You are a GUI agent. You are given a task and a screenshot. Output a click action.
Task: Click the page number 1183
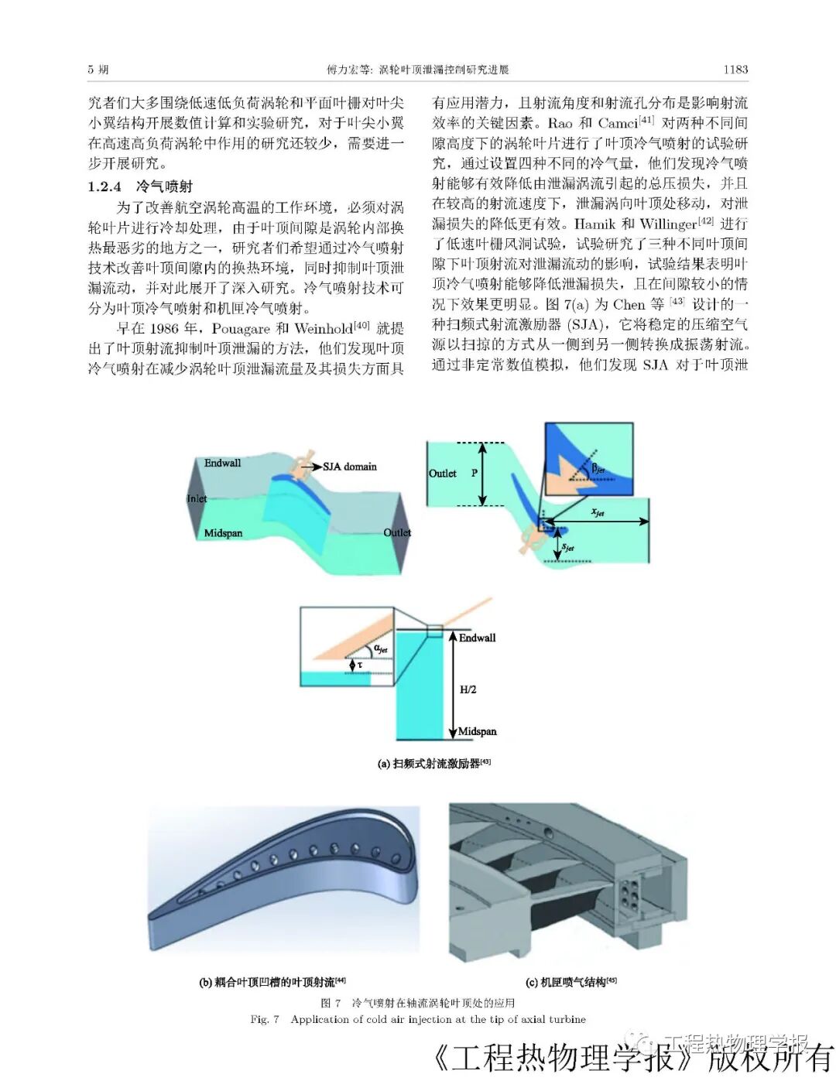[735, 70]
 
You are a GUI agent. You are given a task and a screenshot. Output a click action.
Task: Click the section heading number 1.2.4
[104, 186]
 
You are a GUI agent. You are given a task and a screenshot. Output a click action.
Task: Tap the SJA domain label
[349, 467]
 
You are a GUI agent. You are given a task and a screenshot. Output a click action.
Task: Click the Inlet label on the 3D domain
[197, 498]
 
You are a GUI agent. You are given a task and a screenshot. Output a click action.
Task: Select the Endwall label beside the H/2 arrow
[477, 638]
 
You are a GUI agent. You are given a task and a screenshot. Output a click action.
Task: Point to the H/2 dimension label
[468, 689]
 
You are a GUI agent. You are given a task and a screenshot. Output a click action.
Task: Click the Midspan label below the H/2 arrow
[477, 731]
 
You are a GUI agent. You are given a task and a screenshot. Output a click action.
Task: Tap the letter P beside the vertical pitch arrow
[474, 473]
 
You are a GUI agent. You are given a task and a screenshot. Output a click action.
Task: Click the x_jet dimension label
[597, 511]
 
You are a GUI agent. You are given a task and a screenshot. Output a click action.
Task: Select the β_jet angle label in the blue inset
[598, 467]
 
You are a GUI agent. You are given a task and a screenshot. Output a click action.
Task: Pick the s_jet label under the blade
[567, 547]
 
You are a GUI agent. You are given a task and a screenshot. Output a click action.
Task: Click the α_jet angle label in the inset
[381, 648]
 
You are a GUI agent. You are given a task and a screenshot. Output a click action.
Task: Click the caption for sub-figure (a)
[433, 764]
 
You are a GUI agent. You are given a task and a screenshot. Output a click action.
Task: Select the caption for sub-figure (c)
[570, 982]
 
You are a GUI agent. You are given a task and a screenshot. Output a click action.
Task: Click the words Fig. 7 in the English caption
[265, 1019]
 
